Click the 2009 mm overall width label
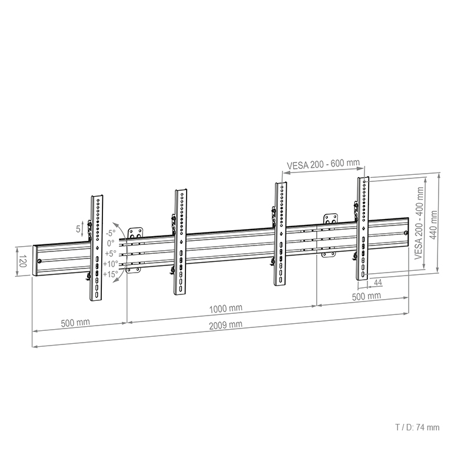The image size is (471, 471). coord(225,325)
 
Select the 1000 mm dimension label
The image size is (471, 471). coord(225,309)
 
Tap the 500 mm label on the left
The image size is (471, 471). coord(75,323)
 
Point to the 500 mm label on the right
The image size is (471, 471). coord(366,296)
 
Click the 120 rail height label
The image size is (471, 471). coord(23,261)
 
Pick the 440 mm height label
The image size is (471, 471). coord(433,225)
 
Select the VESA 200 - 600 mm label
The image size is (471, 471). coord(323,164)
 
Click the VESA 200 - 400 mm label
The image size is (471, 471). coord(419,223)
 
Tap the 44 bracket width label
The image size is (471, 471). coord(377,283)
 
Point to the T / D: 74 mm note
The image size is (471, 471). coord(417,427)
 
